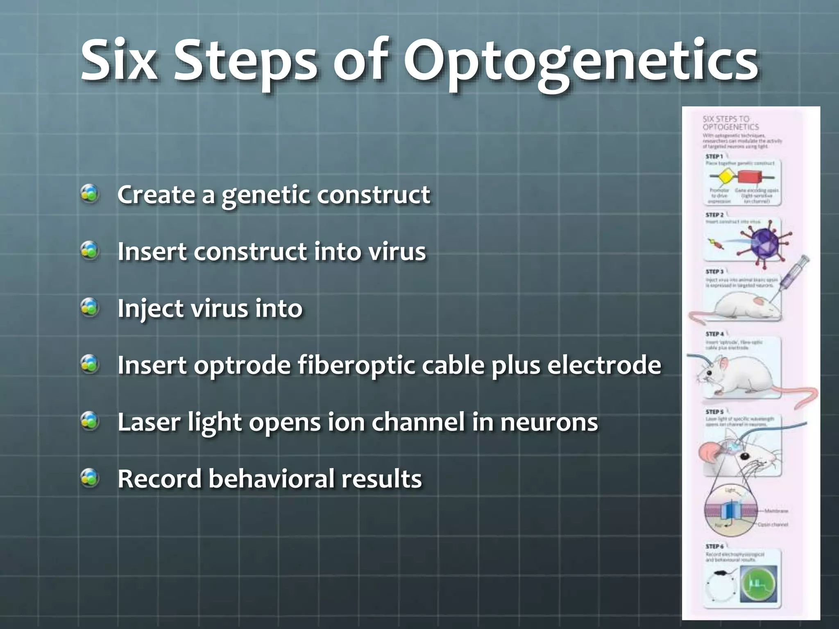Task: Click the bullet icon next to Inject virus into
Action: [x=90, y=307]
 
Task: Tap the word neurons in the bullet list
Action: [x=549, y=422]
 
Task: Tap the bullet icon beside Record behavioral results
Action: [x=90, y=477]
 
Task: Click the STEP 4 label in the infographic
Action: [x=714, y=334]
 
